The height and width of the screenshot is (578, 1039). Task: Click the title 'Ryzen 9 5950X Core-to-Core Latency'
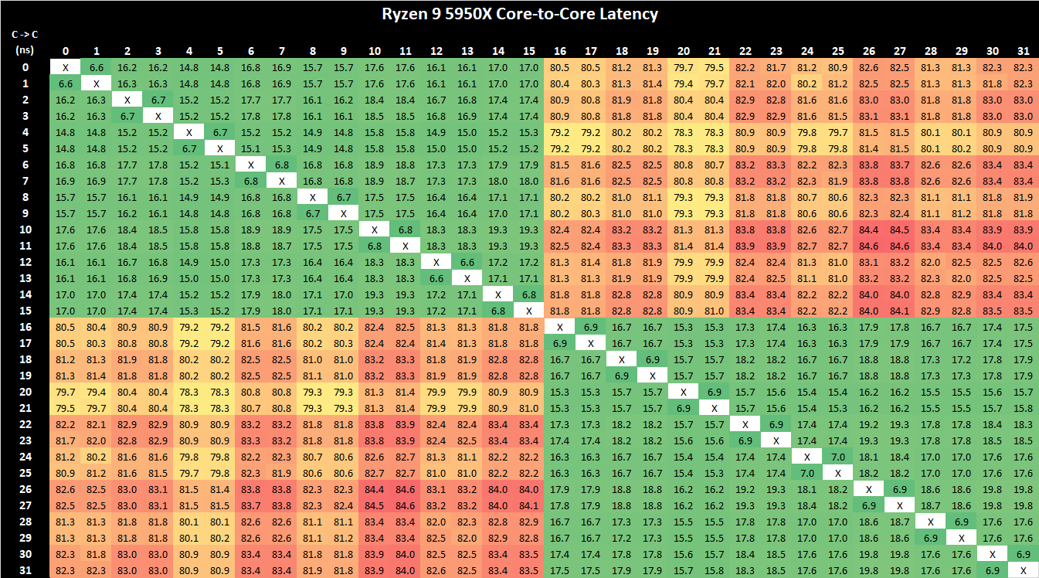click(x=520, y=13)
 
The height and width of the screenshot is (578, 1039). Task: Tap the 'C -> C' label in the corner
click(x=25, y=35)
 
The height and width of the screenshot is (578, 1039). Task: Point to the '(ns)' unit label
click(x=25, y=50)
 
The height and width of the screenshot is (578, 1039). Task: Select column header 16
click(x=559, y=51)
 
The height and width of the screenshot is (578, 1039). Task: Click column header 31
click(x=1023, y=51)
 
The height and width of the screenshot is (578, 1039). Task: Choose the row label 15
click(x=25, y=311)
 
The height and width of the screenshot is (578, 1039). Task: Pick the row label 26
click(x=25, y=488)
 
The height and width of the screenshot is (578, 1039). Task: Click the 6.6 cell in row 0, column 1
click(x=97, y=67)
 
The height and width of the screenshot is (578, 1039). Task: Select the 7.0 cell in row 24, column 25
click(x=837, y=456)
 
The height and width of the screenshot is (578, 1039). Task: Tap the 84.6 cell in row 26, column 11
click(x=405, y=488)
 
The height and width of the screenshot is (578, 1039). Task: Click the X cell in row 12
click(x=436, y=262)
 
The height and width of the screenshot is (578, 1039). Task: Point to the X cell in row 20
click(x=684, y=392)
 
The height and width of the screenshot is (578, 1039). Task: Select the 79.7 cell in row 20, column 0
click(x=66, y=392)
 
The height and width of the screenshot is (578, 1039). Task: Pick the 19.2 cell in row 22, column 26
click(x=868, y=424)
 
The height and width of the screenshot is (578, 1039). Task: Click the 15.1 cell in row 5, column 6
click(x=251, y=148)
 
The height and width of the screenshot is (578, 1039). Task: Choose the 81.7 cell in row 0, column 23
click(x=776, y=67)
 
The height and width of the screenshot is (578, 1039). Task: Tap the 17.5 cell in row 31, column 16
click(x=559, y=570)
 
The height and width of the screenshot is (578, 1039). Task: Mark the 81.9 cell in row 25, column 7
click(x=282, y=472)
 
